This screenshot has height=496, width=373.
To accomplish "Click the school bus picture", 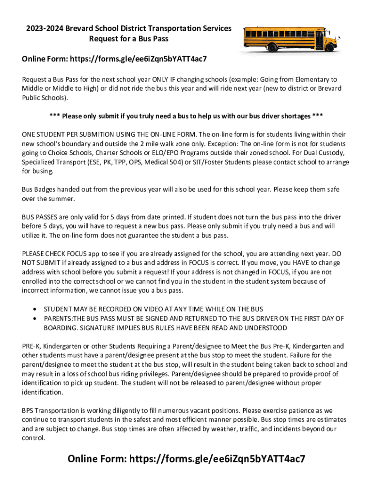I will (290, 39).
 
